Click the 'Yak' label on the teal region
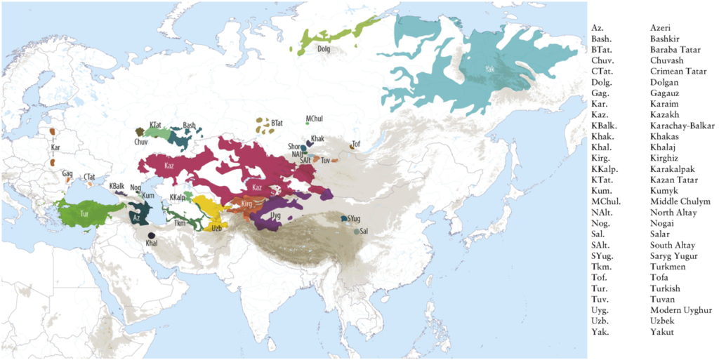pos(489,69)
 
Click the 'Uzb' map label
pos(217,228)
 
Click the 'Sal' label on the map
pos(364,231)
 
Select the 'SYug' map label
pos(354,219)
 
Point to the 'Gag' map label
pos(67,173)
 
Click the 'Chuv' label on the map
pos(141,141)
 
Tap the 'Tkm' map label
pos(179,222)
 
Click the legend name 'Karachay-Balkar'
pos(682,126)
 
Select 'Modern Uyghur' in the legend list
pos(680,310)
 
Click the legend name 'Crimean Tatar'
pos(675,72)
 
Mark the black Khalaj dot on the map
pos(152,235)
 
